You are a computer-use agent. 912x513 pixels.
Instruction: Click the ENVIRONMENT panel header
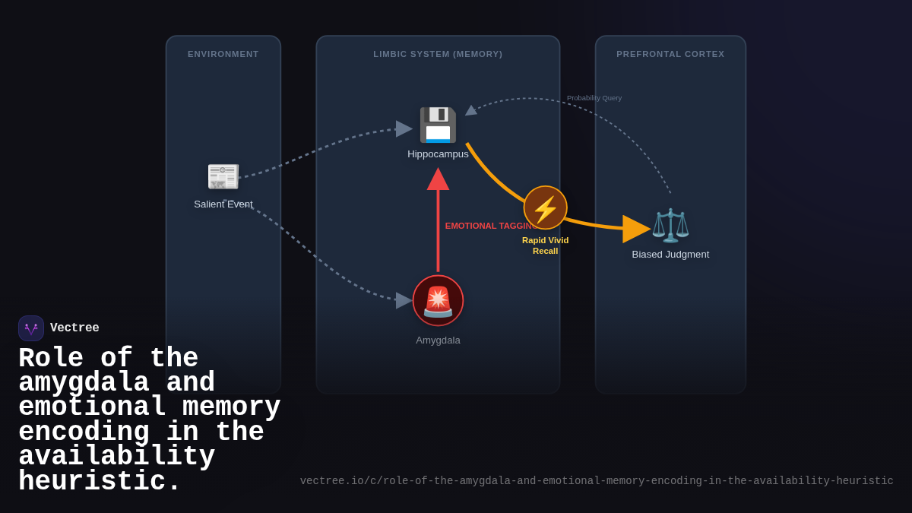point(223,54)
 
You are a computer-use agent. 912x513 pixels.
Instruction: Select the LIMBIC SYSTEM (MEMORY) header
point(438,54)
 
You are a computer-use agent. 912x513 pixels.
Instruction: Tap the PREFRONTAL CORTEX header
point(670,54)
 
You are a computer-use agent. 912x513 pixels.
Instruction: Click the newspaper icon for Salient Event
point(223,176)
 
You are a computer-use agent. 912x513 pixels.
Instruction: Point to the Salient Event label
point(223,204)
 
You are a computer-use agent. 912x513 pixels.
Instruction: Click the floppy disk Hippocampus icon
point(438,125)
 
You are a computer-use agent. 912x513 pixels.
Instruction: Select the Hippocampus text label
point(438,154)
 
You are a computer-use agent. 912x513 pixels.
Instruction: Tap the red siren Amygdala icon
point(438,301)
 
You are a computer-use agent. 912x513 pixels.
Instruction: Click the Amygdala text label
point(438,340)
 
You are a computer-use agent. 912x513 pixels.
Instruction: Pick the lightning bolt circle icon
point(545,208)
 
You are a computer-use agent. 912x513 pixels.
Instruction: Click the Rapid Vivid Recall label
point(545,245)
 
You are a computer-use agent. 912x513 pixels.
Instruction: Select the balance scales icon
point(670,225)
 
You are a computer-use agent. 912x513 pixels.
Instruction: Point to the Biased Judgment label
point(670,255)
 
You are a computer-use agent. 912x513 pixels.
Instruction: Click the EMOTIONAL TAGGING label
point(489,226)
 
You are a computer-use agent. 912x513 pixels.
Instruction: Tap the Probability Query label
point(594,98)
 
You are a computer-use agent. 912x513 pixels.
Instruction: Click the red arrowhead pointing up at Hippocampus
point(438,179)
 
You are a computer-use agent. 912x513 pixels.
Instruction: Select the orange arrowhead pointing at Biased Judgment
point(635,229)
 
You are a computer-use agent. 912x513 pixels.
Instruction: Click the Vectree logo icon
point(31,328)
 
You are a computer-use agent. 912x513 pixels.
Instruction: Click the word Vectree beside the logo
point(74,328)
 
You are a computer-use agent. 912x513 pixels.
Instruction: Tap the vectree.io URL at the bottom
point(597,481)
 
